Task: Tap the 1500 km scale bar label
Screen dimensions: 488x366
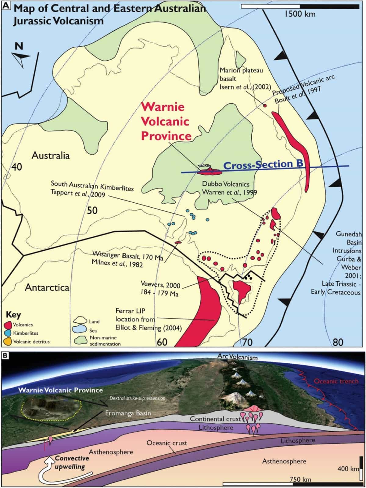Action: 300,14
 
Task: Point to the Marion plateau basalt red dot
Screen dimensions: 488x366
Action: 265,105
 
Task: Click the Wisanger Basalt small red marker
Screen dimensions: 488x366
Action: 178,243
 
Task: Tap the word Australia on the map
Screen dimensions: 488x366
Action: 51,156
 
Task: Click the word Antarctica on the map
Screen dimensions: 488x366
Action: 47,287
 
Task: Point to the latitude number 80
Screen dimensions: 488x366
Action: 338,342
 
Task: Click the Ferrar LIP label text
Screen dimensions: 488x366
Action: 131,311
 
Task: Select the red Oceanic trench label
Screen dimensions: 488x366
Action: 336,381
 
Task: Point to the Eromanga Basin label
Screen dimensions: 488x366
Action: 128,413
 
